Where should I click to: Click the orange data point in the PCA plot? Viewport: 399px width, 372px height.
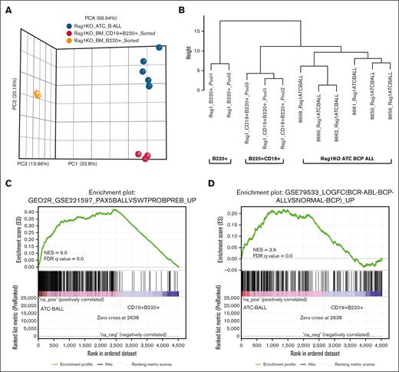36,94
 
